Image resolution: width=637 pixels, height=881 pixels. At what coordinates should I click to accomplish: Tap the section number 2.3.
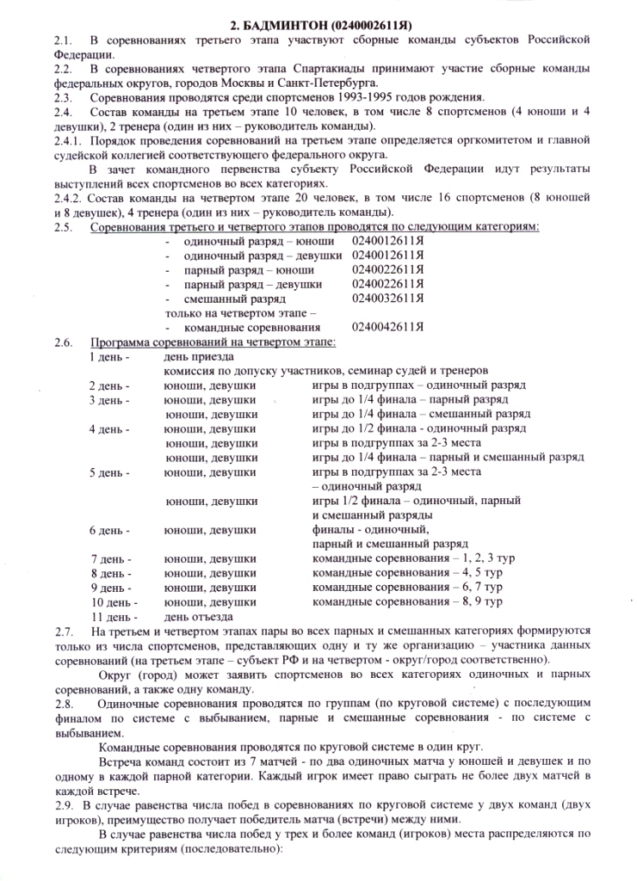coord(63,97)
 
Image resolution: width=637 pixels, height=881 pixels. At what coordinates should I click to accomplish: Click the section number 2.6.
coord(63,342)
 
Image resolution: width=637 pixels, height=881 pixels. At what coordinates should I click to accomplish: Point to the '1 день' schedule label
coord(109,355)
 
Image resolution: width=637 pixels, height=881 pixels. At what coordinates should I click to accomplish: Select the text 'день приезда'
coord(199,355)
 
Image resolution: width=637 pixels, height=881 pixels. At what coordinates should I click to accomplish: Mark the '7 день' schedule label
coord(111,558)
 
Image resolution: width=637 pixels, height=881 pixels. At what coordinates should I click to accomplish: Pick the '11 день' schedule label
coord(114,616)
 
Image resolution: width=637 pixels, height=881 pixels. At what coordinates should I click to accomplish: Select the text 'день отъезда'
coord(199,616)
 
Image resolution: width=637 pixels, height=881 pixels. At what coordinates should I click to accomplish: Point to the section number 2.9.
coord(63,804)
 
